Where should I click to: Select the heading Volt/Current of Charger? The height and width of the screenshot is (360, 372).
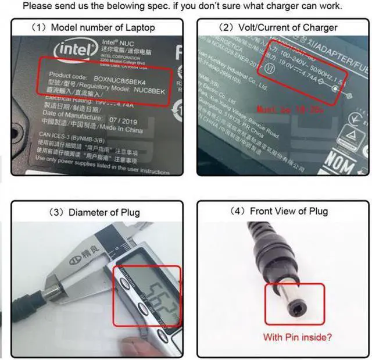pos(283,28)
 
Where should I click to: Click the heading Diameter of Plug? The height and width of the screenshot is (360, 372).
pos(95,212)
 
